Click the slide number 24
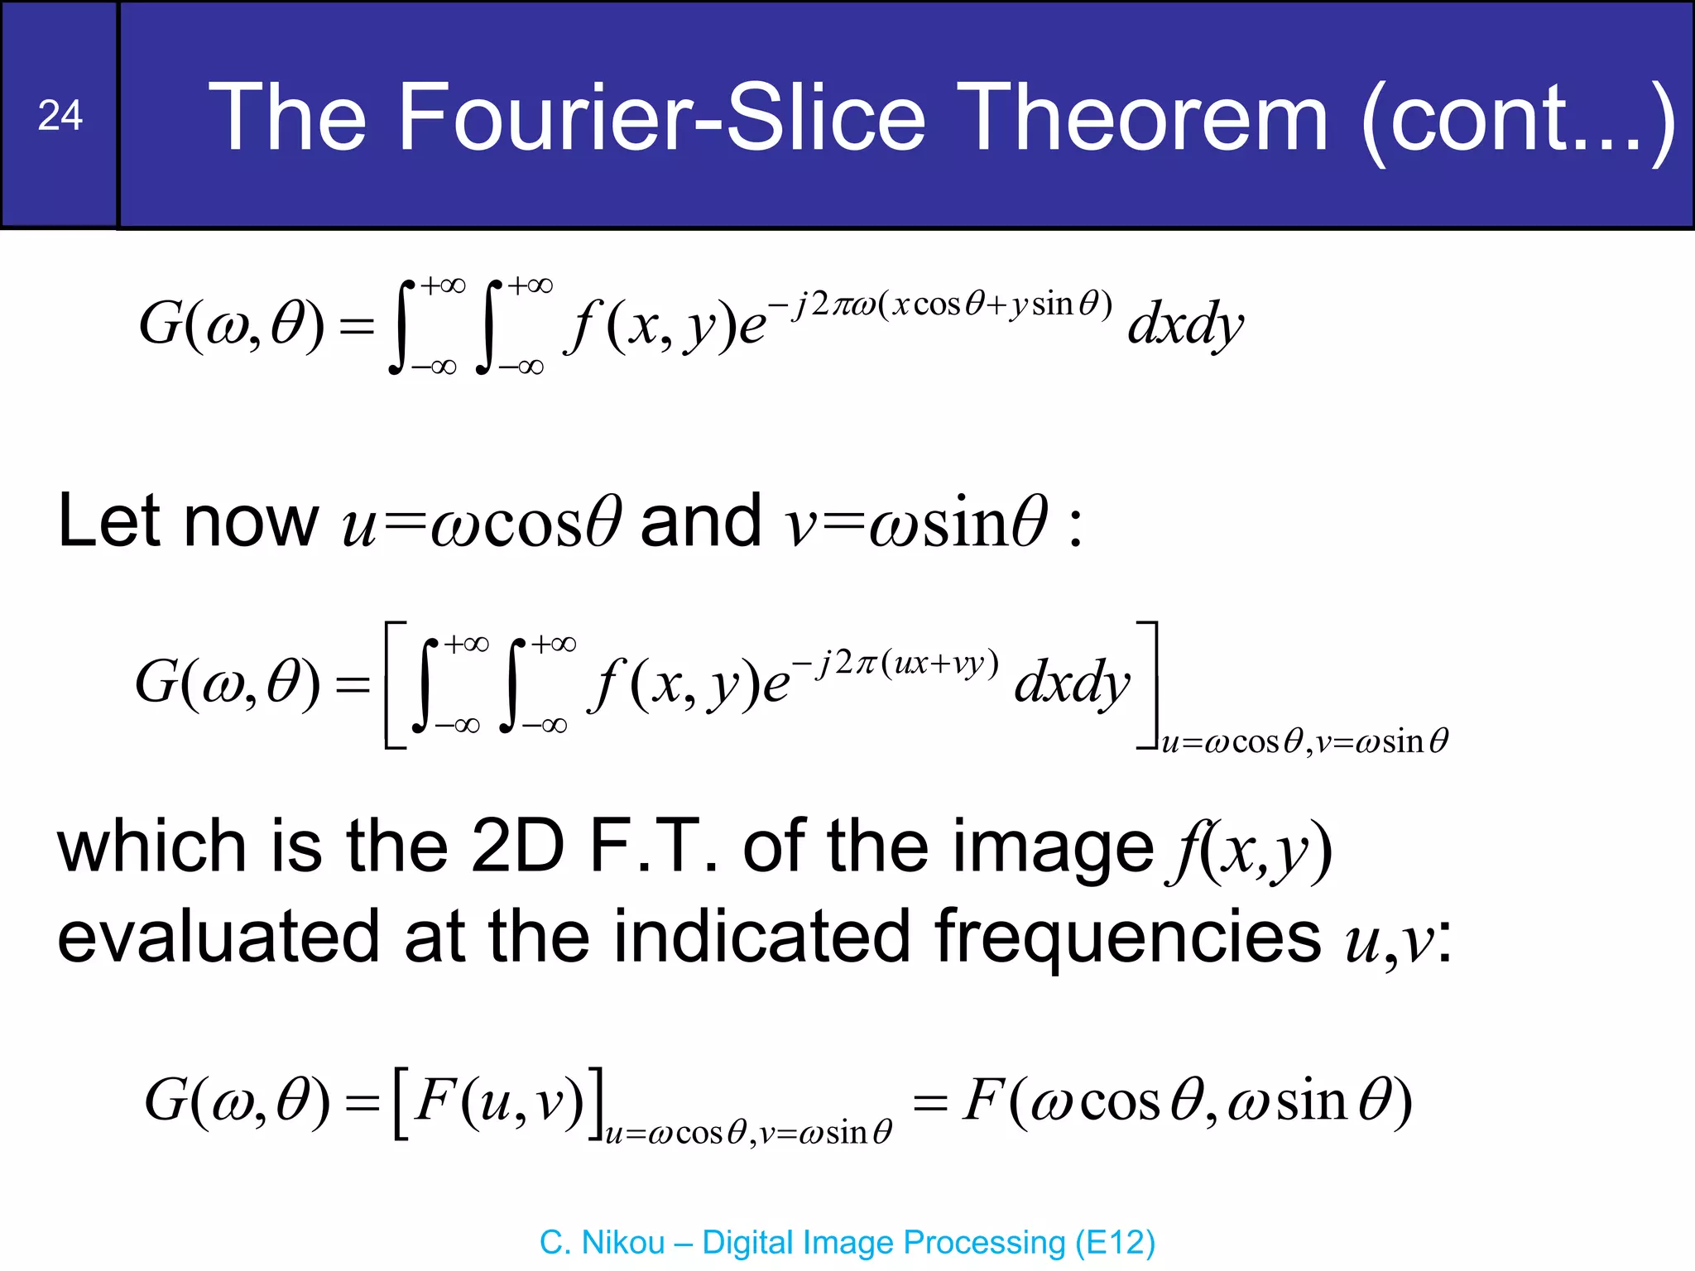click(x=60, y=116)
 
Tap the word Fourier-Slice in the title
click(x=661, y=118)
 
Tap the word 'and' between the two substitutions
click(x=700, y=521)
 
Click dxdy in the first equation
click(x=1184, y=324)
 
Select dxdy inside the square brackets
click(x=1072, y=683)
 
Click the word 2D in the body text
click(x=517, y=847)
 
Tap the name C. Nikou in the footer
click(x=602, y=1243)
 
